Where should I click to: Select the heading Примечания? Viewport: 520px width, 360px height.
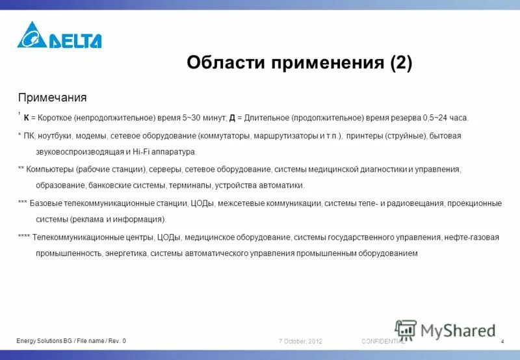[52, 97]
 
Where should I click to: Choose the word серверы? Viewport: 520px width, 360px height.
[165, 169]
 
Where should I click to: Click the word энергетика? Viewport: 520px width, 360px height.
[125, 253]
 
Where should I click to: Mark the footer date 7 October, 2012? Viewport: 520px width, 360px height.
[301, 342]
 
